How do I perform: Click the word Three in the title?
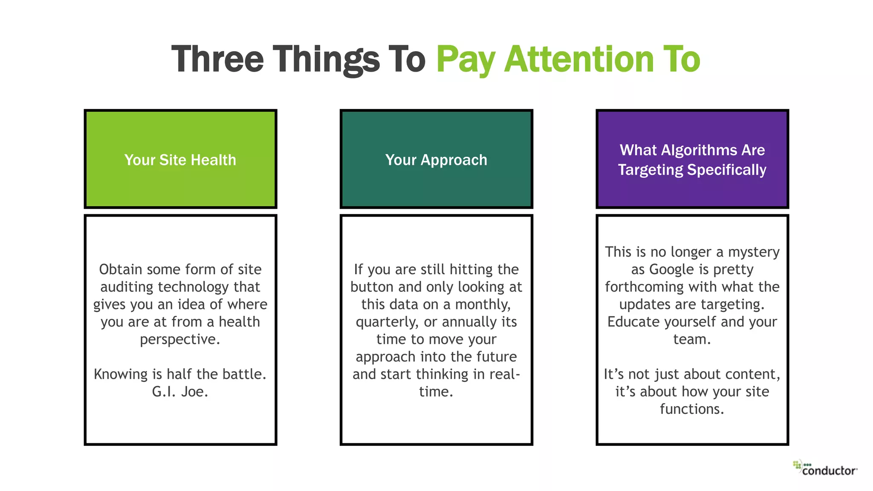point(217,59)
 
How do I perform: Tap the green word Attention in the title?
point(579,59)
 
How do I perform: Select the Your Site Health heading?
point(180,160)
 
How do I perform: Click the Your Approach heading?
point(436,160)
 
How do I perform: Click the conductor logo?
point(825,468)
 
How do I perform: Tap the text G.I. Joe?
point(180,392)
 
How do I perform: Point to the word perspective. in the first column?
point(180,339)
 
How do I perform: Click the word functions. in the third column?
point(692,409)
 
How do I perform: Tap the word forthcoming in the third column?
point(648,287)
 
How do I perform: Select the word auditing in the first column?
point(127,287)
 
